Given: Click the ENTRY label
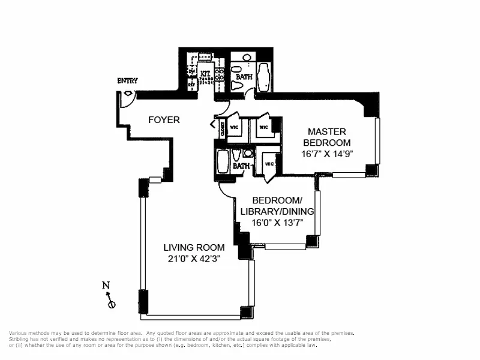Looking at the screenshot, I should pyautogui.click(x=127, y=80).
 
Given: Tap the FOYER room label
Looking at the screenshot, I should pyautogui.click(x=164, y=120).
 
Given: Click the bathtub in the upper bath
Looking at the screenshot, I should pyautogui.click(x=264, y=76).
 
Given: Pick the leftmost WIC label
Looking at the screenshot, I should pyautogui.click(x=236, y=127).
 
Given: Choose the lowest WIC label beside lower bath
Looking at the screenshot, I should pyautogui.click(x=269, y=163).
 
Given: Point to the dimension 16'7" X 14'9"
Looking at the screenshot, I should pyautogui.click(x=326, y=154).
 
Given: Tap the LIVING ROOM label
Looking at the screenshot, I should pyautogui.click(x=194, y=247).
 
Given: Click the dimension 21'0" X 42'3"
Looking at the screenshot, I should pyautogui.click(x=194, y=259).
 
